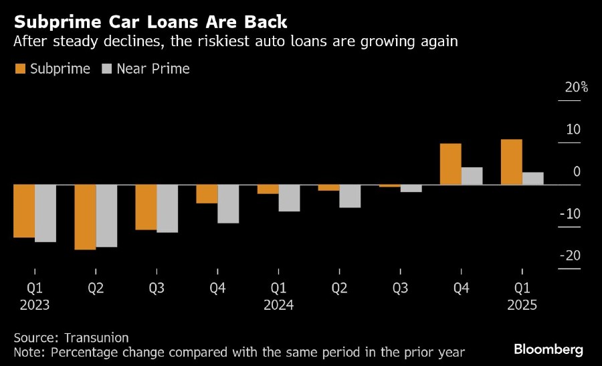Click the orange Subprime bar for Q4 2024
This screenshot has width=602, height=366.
[x=450, y=164]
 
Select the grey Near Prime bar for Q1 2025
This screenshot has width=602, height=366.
[x=532, y=178]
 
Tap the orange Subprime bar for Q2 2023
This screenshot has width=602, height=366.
[x=85, y=217]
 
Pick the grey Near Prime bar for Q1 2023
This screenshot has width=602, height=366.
[x=45, y=213]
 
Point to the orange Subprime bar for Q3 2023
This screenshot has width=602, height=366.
[x=146, y=207]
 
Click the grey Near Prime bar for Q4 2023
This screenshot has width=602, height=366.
[x=228, y=203]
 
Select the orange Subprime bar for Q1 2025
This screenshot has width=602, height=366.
[x=511, y=162]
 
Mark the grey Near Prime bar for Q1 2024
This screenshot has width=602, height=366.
[x=289, y=197]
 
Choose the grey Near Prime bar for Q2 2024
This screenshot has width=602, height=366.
[x=350, y=195]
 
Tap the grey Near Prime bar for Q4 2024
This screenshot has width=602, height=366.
[x=472, y=176]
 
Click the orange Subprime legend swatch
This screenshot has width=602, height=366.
[x=19, y=69]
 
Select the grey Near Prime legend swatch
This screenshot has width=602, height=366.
[x=106, y=69]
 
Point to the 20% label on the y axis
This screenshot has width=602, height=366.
[x=575, y=88]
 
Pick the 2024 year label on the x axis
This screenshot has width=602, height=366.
[x=278, y=305]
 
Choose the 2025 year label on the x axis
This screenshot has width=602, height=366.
[x=522, y=305]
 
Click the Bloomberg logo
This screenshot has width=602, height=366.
[x=548, y=349]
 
